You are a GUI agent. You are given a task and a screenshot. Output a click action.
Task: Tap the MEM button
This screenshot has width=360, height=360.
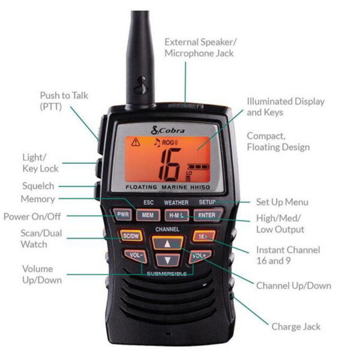pyautogui.click(x=148, y=215)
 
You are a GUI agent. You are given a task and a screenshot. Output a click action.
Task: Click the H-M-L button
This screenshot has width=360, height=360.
pyautogui.click(x=177, y=215)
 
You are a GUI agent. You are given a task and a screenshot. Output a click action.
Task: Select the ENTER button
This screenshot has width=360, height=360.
pyautogui.click(x=208, y=215)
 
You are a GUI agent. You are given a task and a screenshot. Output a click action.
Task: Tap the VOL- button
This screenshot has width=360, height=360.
pyautogui.click(x=136, y=256)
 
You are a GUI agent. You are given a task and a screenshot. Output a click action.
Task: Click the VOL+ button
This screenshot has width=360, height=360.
pyautogui.click(x=199, y=256)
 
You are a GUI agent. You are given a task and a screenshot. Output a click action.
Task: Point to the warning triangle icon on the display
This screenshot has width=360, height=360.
pyautogui.click(x=136, y=142)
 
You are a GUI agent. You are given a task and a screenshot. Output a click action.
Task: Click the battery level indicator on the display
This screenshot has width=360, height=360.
pyautogui.click(x=199, y=166)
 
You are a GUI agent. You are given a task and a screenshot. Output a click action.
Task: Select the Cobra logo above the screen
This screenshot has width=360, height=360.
pyautogui.click(x=167, y=130)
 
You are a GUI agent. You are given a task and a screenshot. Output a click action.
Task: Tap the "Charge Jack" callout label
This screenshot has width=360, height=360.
pyautogui.click(x=296, y=327)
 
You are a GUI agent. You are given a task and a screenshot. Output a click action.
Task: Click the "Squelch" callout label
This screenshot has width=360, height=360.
pyautogui.click(x=38, y=186)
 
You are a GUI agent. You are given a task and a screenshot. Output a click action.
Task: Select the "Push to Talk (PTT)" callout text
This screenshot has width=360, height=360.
pyautogui.click(x=64, y=101)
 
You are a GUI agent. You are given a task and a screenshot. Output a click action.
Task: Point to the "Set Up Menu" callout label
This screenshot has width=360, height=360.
pyautogui.click(x=282, y=202)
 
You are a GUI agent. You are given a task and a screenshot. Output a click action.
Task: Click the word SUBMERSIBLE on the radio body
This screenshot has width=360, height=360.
pyautogui.click(x=167, y=274)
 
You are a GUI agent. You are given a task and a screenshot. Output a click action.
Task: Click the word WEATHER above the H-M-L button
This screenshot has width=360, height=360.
pyautogui.click(x=176, y=203)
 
